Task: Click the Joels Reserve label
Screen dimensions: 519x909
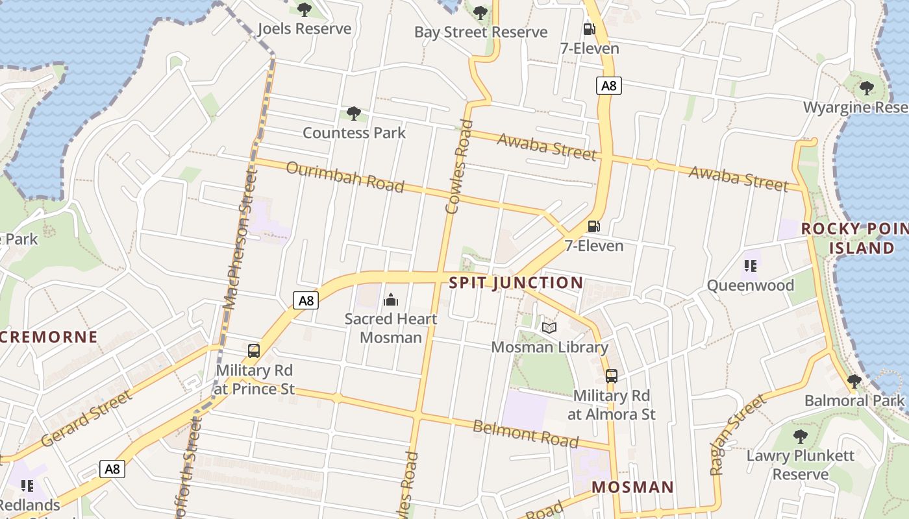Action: (x=304, y=29)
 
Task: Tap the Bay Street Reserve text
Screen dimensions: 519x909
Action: (x=480, y=32)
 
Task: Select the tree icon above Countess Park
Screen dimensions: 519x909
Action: (x=354, y=114)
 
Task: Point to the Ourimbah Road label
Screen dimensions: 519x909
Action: (x=345, y=176)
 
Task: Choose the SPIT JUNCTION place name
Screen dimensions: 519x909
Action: (x=516, y=283)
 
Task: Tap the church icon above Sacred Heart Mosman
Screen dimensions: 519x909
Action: (x=391, y=300)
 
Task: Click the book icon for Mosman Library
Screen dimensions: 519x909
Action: (x=549, y=328)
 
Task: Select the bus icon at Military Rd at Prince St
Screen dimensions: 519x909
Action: (x=254, y=351)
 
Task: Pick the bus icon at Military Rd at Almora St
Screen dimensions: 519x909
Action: (x=611, y=376)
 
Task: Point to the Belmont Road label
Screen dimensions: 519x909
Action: (x=525, y=434)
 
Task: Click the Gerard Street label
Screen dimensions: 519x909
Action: (x=86, y=418)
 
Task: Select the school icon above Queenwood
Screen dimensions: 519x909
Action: (x=751, y=266)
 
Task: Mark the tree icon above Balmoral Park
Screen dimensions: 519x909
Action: (x=854, y=381)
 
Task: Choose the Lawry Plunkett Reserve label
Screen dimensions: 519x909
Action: (x=801, y=465)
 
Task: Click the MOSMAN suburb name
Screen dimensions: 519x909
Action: (x=632, y=487)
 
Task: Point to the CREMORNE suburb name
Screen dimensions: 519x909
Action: (x=49, y=337)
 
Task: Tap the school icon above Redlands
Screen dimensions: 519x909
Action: (x=27, y=485)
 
